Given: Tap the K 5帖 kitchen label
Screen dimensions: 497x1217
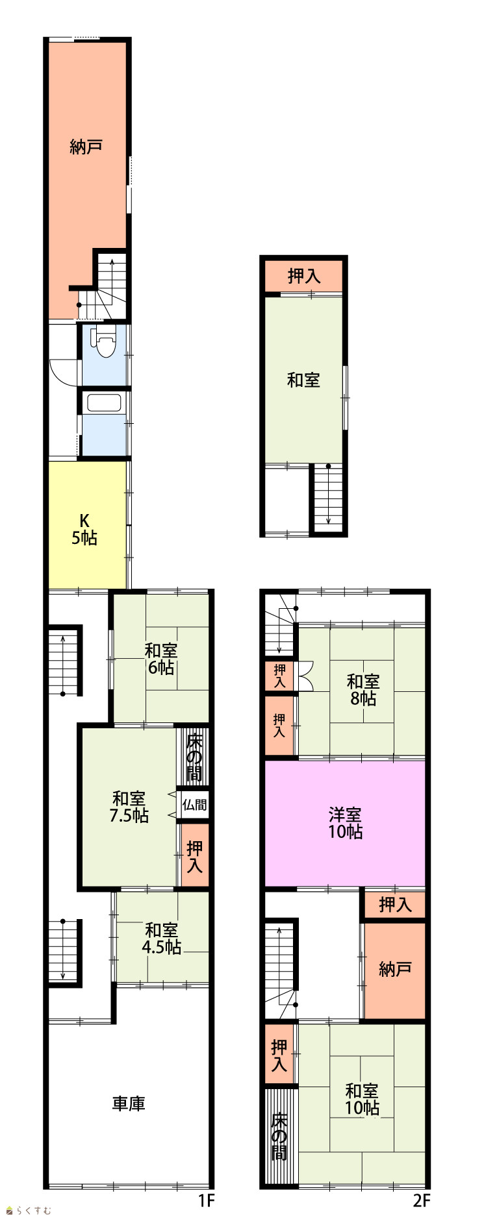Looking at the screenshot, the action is click(84, 529).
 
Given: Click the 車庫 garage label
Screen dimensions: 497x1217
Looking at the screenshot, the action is click(129, 1103).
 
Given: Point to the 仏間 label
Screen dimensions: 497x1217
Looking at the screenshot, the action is click(194, 805).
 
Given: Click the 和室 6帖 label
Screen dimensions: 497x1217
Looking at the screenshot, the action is click(160, 659).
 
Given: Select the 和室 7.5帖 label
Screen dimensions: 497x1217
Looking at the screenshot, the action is click(129, 807).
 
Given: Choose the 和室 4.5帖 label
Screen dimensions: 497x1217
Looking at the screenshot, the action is click(161, 939).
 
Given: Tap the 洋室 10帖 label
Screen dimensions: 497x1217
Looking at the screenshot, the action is click(345, 823).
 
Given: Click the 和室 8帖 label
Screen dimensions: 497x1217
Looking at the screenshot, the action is click(363, 690).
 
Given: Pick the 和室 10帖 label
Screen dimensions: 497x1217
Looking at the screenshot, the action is click(362, 1099).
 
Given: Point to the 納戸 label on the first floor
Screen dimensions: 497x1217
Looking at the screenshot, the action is click(86, 147).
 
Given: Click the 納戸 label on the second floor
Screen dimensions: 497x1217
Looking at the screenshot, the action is click(395, 969).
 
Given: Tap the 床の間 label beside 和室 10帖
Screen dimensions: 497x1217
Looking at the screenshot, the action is click(279, 1137).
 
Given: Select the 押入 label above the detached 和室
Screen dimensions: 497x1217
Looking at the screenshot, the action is click(304, 276).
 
